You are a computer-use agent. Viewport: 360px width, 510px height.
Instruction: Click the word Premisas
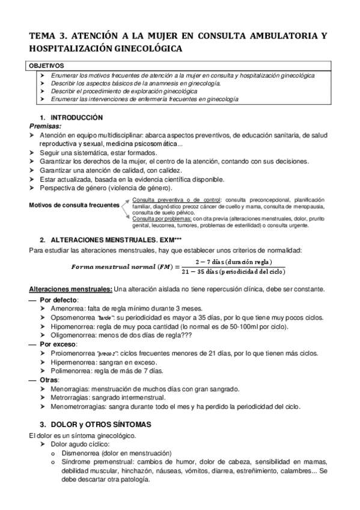(45, 127)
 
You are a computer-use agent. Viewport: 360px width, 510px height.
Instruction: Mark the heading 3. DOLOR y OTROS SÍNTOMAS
(95, 424)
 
